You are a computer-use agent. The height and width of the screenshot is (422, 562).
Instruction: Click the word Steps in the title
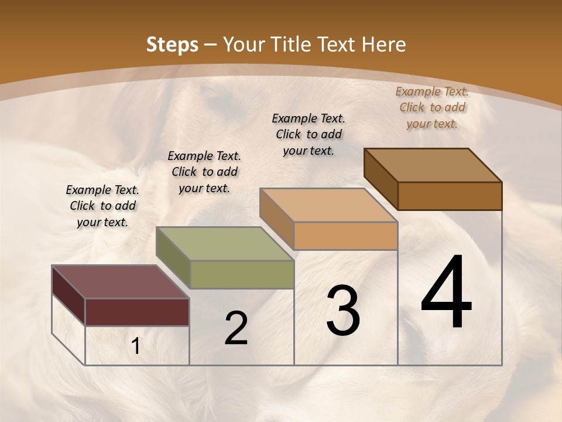(x=172, y=45)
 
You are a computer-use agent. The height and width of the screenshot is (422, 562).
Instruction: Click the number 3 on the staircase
(x=343, y=310)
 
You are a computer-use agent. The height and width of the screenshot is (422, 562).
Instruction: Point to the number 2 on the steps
(x=236, y=328)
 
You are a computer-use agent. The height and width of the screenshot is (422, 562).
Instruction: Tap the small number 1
(x=136, y=346)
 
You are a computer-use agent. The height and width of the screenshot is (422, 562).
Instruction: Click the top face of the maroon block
(x=120, y=282)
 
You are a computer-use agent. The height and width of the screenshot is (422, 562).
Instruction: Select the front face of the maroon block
(x=137, y=312)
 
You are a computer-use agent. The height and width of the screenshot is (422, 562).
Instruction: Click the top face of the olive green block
(x=225, y=244)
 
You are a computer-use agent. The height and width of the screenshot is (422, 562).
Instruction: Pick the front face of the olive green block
(x=242, y=274)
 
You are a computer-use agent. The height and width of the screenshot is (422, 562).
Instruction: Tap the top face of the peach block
(x=328, y=205)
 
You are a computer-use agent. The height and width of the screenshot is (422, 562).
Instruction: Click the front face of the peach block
(x=345, y=236)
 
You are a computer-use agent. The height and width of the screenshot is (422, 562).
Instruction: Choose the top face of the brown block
(x=433, y=165)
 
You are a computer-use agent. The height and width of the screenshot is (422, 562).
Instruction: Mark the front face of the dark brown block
(x=450, y=196)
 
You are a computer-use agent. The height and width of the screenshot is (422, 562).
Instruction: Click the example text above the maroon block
(x=102, y=206)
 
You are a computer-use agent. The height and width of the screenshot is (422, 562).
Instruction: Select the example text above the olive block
(x=204, y=172)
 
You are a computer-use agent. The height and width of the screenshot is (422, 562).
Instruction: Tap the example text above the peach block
(x=309, y=134)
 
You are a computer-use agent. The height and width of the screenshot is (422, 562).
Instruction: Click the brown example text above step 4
(x=432, y=107)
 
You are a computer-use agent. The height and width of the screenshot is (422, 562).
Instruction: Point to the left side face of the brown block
(x=381, y=179)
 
